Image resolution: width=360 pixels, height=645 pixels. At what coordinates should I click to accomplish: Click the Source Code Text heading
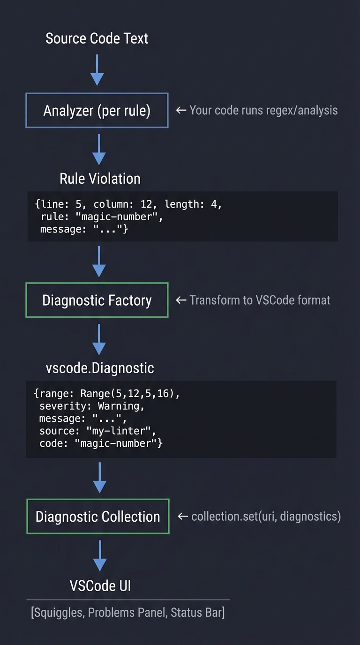point(97,38)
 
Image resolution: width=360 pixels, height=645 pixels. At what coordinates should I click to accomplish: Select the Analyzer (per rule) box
point(97,111)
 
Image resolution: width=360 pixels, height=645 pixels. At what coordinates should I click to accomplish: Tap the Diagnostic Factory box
point(97,300)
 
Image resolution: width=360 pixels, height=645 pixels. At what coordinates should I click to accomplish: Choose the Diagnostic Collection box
point(97,517)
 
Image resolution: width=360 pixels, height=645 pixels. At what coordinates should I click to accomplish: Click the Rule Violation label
point(100,179)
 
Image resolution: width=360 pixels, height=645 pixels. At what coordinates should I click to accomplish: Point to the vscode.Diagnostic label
point(100,368)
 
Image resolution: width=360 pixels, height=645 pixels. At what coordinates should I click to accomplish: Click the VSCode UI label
point(100,585)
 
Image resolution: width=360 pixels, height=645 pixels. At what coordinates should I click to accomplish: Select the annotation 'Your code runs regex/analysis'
point(263,111)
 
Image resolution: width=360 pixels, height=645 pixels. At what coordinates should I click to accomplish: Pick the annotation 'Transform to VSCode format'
point(259,300)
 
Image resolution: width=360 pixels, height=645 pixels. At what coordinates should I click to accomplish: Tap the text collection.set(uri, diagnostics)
point(266,517)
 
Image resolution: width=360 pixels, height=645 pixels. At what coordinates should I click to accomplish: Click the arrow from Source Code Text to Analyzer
point(97,69)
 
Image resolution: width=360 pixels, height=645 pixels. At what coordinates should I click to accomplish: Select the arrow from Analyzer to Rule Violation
point(98,149)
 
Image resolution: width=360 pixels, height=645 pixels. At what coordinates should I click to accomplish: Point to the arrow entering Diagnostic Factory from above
point(98,261)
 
